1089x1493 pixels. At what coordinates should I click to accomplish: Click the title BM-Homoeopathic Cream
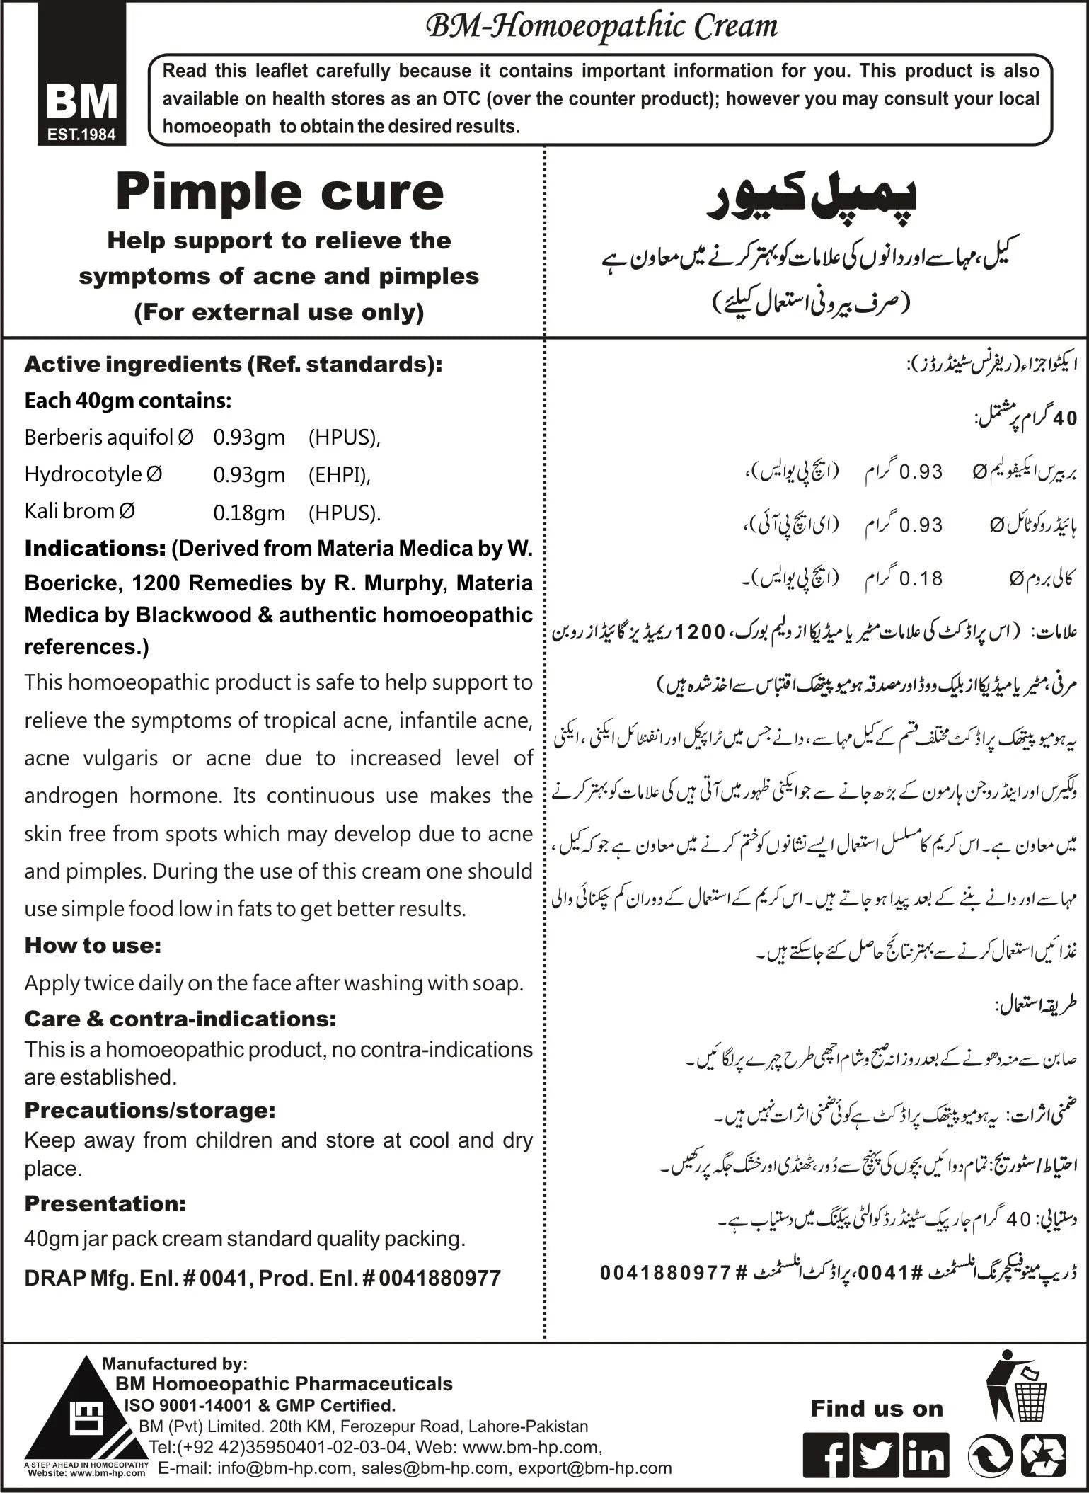tap(602, 27)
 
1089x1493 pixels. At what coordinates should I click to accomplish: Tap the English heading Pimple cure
tap(280, 193)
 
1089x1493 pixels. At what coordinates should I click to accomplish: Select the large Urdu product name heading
tap(812, 201)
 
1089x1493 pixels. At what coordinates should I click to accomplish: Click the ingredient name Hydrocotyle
tap(83, 474)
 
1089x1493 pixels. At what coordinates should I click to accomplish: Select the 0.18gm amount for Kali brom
tap(249, 513)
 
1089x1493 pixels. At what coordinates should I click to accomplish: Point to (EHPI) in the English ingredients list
tap(339, 475)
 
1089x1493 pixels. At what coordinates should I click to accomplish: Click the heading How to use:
tap(93, 945)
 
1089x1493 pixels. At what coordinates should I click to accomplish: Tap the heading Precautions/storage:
tap(149, 1110)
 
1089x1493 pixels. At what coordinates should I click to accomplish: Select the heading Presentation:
tap(105, 1203)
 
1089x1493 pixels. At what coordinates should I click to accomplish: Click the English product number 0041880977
tap(439, 1278)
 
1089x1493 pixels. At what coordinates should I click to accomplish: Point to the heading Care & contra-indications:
tap(180, 1019)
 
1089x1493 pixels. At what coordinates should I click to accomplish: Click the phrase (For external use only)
tap(280, 312)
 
